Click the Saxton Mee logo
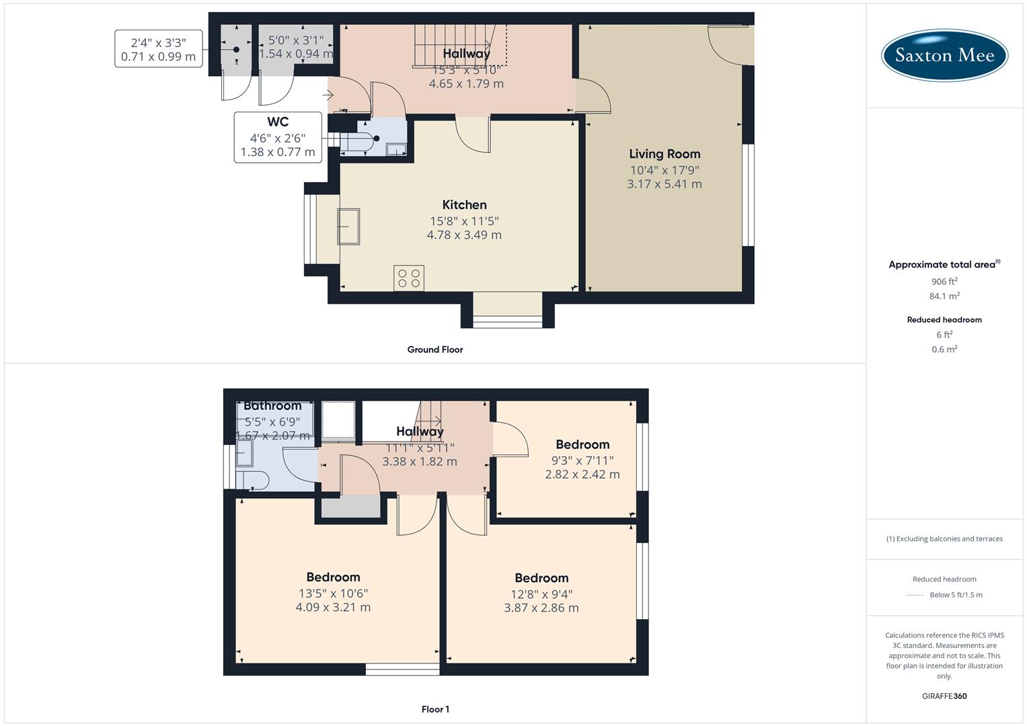(944, 55)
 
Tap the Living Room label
(664, 154)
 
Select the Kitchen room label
(464, 205)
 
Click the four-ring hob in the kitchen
(409, 278)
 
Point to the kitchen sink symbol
(348, 227)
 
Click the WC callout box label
(278, 122)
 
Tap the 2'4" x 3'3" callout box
(158, 49)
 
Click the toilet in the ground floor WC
(360, 141)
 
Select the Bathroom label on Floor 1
(272, 406)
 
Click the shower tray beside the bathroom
(338, 420)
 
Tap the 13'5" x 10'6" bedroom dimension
(333, 594)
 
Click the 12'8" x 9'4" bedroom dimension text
(541, 594)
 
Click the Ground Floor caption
(435, 350)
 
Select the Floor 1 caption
(435, 709)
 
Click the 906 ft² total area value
(944, 282)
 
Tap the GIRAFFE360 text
(944, 696)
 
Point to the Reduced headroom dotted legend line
(915, 595)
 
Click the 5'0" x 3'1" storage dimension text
(296, 40)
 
